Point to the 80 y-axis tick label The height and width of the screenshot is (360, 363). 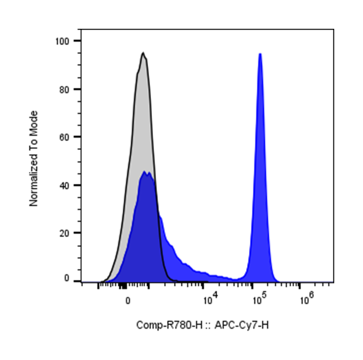(x=67, y=89)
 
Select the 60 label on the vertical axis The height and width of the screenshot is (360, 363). (x=67, y=137)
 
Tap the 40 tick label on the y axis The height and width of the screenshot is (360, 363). (x=67, y=185)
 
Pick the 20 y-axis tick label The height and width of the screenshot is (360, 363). (x=67, y=233)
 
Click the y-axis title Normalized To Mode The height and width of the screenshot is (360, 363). (x=34, y=159)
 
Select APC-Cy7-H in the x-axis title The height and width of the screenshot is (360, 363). (x=242, y=325)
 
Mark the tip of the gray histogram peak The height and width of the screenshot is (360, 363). (x=143, y=53)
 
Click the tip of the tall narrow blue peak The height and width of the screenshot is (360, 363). (x=260, y=54)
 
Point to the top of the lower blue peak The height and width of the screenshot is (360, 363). (x=145, y=172)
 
